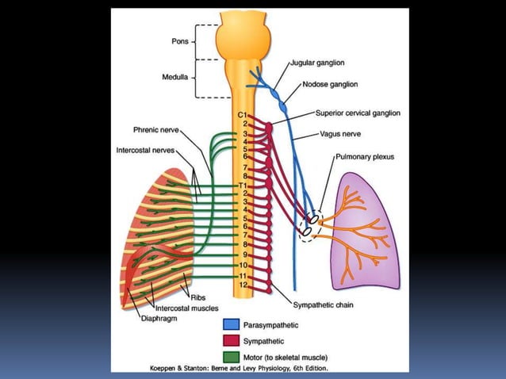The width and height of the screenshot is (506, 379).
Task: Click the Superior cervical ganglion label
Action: tap(357, 113)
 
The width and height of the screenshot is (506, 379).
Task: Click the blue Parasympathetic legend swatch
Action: tap(230, 325)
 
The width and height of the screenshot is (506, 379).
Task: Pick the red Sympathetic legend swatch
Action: tap(230, 341)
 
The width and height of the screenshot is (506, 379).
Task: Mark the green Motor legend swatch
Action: tap(230, 356)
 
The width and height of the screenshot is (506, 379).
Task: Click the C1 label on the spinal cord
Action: tap(243, 117)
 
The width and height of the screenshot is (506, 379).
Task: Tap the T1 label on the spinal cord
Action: tap(243, 185)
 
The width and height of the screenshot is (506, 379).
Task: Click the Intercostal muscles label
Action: tap(186, 308)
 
